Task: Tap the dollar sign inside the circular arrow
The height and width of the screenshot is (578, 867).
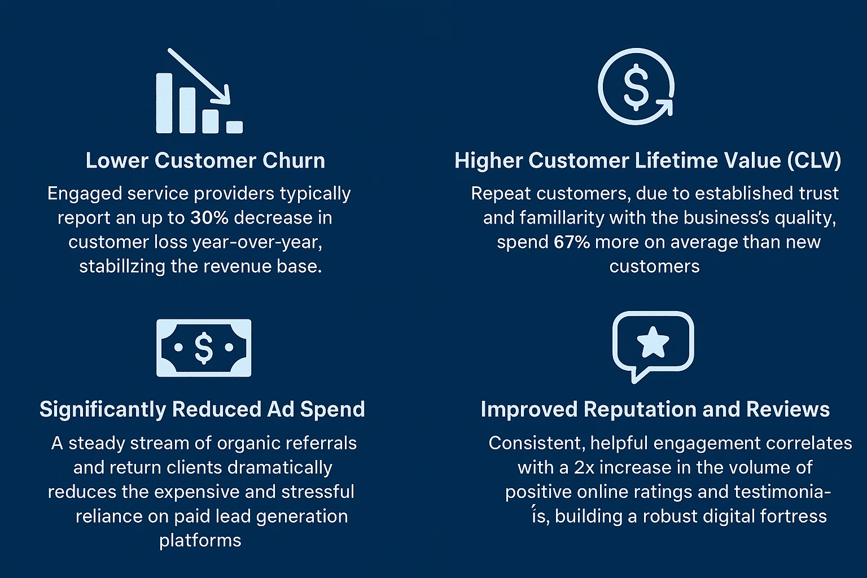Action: point(636,86)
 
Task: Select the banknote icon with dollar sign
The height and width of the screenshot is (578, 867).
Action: point(204,348)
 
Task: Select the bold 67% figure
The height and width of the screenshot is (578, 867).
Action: point(572,242)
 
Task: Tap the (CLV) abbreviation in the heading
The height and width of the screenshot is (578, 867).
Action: point(813,161)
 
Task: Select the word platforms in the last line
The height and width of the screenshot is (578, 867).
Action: point(200,541)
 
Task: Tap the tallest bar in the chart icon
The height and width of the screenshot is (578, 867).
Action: point(164,103)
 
